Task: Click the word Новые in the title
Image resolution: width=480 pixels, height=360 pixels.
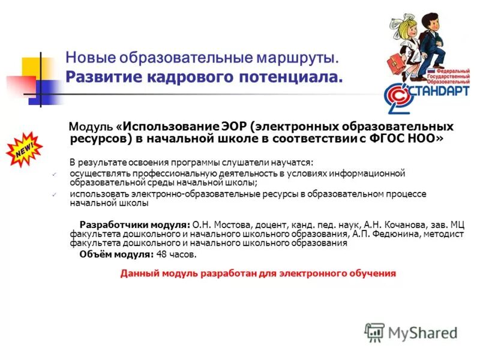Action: (x=89, y=59)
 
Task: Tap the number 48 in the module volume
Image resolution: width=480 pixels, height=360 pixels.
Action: (x=161, y=254)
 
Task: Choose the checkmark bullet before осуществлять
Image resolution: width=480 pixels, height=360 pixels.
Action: (x=55, y=174)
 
